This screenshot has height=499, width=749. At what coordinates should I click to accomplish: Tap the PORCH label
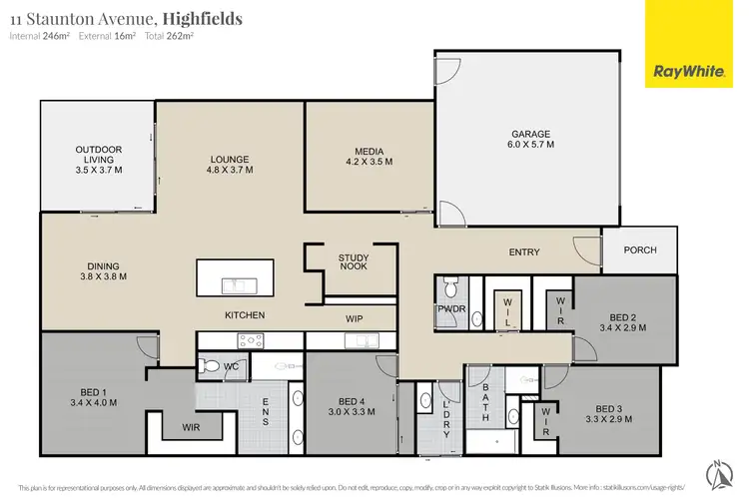[x=640, y=249]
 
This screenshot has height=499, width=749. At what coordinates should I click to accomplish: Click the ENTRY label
[x=523, y=252]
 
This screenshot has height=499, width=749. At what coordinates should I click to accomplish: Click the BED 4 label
[x=353, y=404]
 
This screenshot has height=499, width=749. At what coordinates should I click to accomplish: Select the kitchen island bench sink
[x=237, y=284]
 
